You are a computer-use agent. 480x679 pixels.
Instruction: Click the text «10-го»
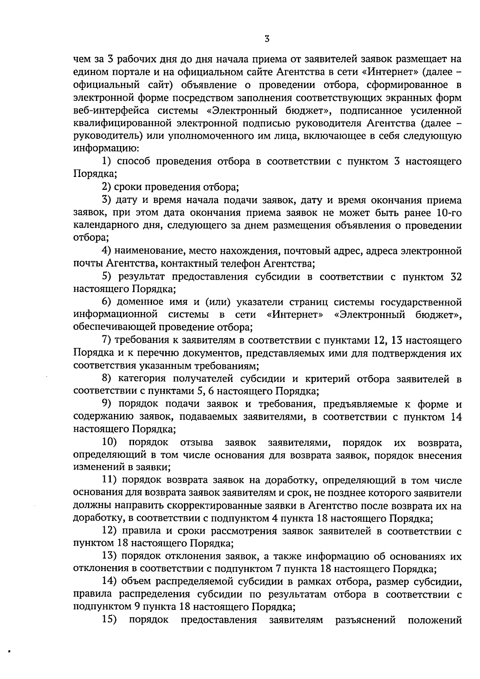tap(449, 212)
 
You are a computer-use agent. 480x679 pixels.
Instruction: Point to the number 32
tap(456, 277)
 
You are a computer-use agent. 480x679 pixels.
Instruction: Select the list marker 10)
tap(109, 443)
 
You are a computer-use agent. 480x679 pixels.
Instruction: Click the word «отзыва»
tap(196, 443)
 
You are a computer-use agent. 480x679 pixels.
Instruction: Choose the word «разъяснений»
tap(365, 620)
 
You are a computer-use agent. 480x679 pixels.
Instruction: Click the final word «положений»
tap(435, 620)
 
